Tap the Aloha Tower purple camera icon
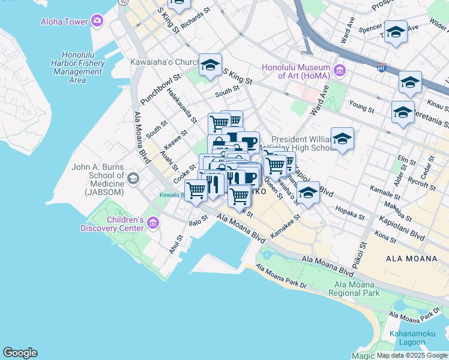(x=98, y=22)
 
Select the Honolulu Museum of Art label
(x=297, y=71)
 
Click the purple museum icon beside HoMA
(x=340, y=71)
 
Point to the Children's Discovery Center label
(x=112, y=224)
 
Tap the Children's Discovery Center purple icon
(x=152, y=224)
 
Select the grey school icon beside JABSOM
(x=133, y=178)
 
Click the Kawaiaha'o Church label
(x=164, y=62)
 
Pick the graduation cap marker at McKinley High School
(x=342, y=139)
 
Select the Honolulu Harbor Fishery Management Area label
(x=77, y=67)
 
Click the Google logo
(x=20, y=353)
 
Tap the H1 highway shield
(x=381, y=68)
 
